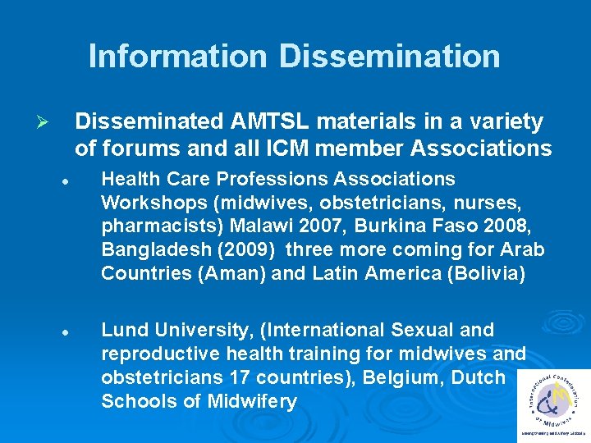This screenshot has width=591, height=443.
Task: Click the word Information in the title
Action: pyautogui.click(x=177, y=56)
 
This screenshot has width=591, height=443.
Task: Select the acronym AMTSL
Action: pyautogui.click(x=275, y=122)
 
